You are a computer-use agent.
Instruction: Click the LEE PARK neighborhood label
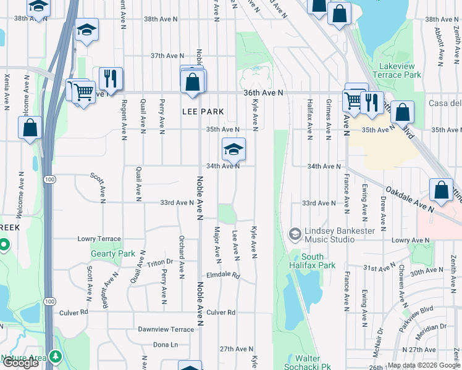click(x=202, y=112)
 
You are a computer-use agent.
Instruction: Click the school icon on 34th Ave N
click(x=233, y=149)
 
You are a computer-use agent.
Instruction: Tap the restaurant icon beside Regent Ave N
click(x=111, y=78)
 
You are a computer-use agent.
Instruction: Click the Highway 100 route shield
click(x=49, y=179)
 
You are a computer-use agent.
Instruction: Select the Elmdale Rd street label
click(x=223, y=276)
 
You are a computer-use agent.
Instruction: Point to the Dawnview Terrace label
click(x=166, y=329)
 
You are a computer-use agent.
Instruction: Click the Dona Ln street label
click(x=165, y=345)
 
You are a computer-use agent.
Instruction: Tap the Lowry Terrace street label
click(x=99, y=239)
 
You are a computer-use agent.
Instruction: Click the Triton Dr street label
click(x=160, y=263)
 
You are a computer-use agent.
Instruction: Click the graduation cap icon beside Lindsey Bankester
click(x=295, y=234)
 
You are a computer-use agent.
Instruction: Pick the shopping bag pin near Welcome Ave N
click(x=30, y=128)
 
